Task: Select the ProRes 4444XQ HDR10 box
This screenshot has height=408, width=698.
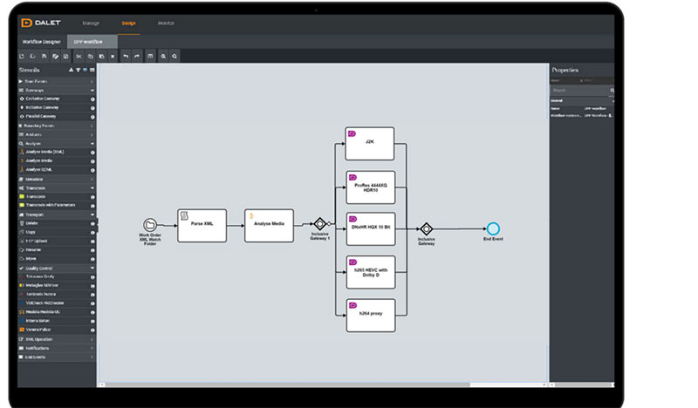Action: (369, 187)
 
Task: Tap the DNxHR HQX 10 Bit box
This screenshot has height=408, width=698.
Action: (369, 229)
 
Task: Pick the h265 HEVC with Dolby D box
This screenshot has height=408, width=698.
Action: (369, 272)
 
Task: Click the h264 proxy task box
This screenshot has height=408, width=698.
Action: (369, 315)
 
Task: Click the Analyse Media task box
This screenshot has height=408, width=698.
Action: (269, 225)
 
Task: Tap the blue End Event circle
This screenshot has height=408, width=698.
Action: (494, 228)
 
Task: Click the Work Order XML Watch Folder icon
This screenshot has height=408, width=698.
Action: (150, 225)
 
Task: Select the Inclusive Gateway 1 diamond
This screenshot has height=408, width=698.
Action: (320, 224)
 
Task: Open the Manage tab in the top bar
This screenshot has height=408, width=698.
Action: (91, 23)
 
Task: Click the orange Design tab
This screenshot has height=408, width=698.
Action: (128, 23)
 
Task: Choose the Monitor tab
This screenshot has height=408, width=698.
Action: (166, 23)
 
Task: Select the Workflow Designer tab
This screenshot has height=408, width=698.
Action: (41, 41)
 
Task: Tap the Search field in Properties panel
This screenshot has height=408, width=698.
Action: (579, 90)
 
